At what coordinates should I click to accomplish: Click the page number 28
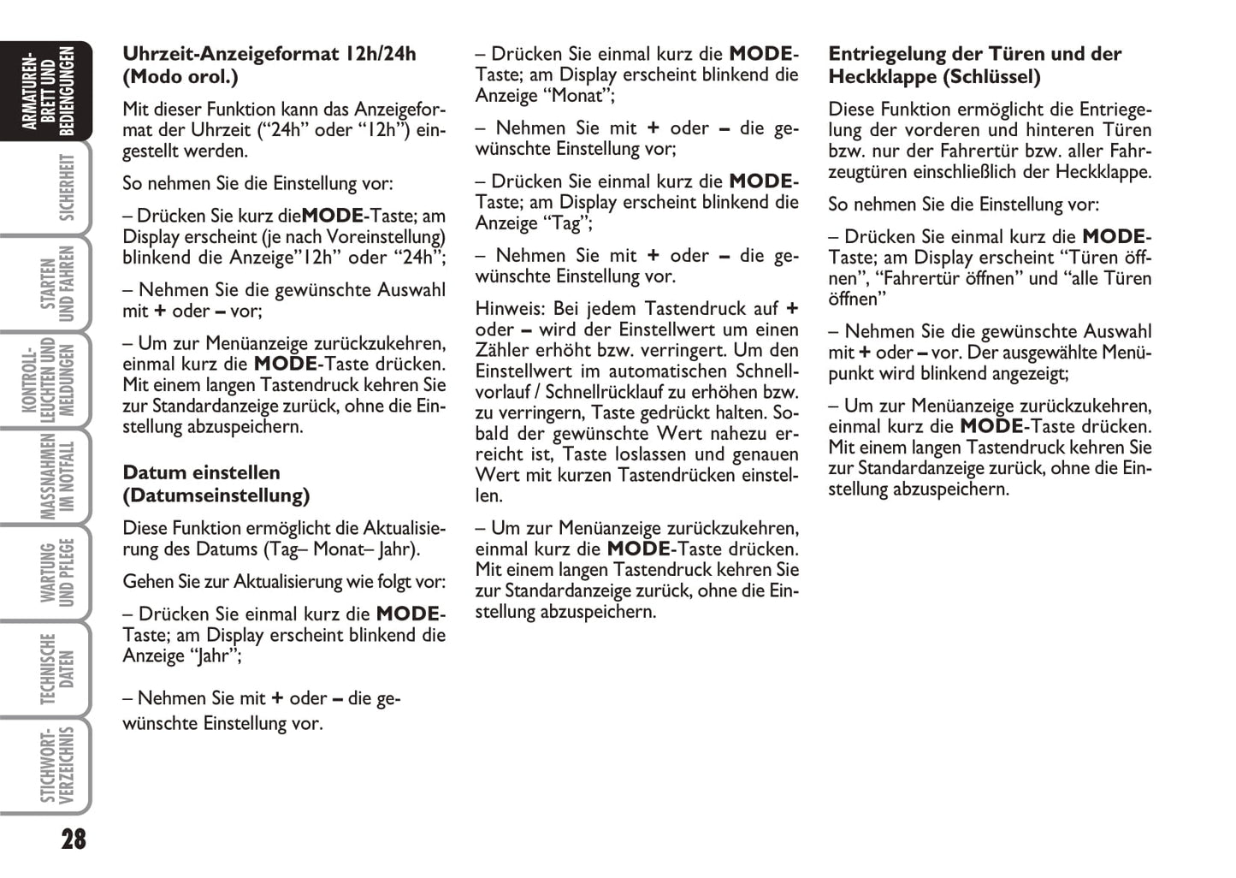click(x=74, y=839)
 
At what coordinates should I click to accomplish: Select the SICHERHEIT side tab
click(x=56, y=187)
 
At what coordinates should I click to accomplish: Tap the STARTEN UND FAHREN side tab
click(x=56, y=283)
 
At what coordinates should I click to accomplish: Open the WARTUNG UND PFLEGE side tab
click(x=56, y=572)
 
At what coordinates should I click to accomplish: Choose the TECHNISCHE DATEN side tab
click(x=56, y=669)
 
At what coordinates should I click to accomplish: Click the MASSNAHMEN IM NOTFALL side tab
click(x=56, y=476)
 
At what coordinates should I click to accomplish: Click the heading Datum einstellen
click(x=201, y=472)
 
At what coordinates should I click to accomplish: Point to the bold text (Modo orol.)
click(x=180, y=77)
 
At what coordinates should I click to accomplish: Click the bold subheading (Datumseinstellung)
click(x=216, y=495)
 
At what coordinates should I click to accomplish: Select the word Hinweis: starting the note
click(x=510, y=309)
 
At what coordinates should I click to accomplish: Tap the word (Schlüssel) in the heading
click(x=991, y=77)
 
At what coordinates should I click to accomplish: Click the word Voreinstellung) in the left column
click(x=381, y=237)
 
